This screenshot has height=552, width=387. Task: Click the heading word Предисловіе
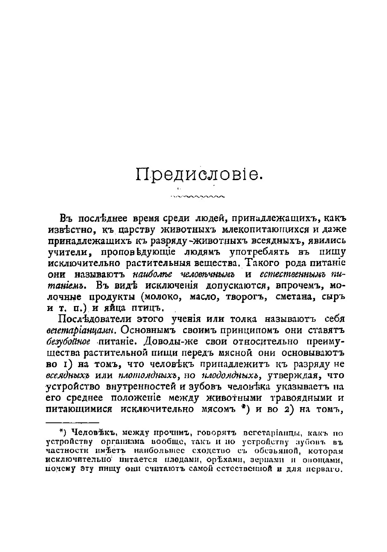click(x=199, y=174)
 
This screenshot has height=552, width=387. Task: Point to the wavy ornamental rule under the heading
click(x=197, y=196)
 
